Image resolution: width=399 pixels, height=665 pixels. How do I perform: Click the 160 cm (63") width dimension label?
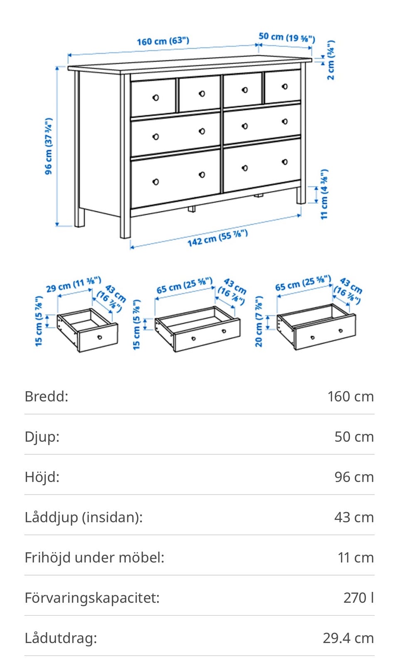tap(163, 41)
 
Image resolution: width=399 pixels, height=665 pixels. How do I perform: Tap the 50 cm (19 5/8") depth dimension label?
tap(287, 37)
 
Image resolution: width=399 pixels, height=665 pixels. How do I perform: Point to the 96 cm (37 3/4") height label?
tap(48, 146)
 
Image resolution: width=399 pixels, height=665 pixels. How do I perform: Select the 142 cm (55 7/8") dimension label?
tap(218, 238)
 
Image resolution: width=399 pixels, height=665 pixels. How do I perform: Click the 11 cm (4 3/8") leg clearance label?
tap(324, 195)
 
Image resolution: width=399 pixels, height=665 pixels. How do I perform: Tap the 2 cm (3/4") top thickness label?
tap(331, 60)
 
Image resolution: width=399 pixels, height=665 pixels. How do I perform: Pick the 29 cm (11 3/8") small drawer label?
tap(74, 284)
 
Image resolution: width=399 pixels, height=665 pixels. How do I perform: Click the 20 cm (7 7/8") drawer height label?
tap(259, 321)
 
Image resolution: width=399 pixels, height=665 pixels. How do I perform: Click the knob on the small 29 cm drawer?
tap(99, 337)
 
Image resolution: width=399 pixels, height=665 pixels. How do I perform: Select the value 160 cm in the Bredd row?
tap(351, 397)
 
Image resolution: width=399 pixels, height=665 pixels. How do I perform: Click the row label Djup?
tap(42, 437)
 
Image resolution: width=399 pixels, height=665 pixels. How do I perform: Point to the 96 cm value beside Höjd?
tap(354, 477)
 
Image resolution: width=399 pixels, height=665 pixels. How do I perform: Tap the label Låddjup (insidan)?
tap(84, 517)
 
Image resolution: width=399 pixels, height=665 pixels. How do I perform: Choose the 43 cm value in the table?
tap(354, 517)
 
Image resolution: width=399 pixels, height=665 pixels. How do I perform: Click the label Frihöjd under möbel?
tap(94, 557)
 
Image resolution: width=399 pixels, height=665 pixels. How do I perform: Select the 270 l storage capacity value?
tap(359, 598)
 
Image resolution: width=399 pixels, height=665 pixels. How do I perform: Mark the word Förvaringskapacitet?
tap(92, 598)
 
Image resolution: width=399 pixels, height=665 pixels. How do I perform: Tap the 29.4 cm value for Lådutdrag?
tap(349, 638)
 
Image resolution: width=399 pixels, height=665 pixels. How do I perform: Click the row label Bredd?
tap(46, 397)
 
